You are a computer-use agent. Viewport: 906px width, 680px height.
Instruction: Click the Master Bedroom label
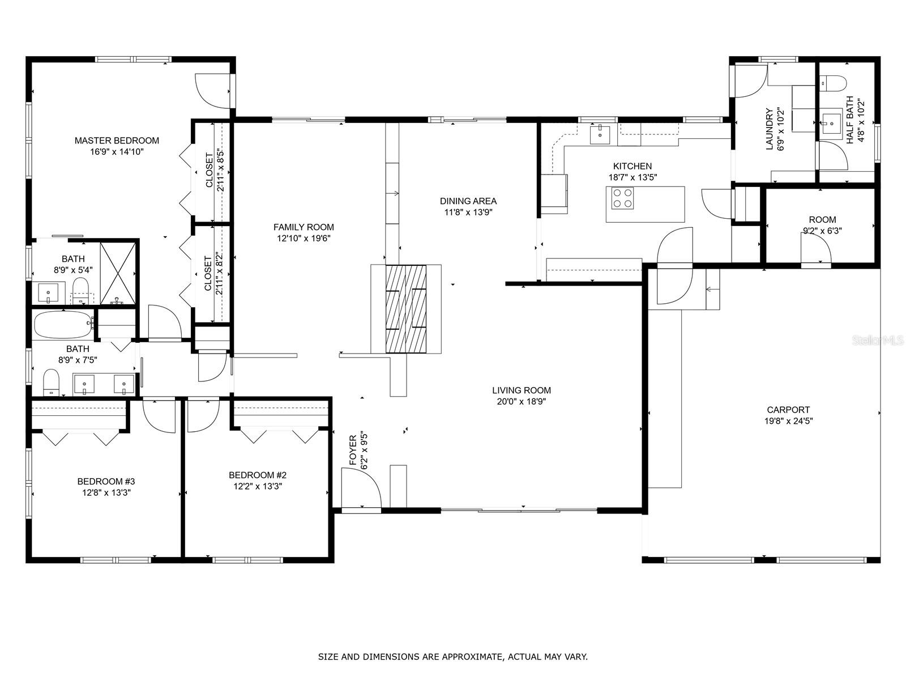pos(117,141)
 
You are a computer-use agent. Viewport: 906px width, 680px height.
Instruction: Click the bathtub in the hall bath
pos(64,325)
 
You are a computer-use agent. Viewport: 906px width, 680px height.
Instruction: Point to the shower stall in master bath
pos(118,273)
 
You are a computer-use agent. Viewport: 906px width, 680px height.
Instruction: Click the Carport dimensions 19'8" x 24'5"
pos(788,421)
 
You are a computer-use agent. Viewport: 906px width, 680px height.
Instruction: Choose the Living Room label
pos(522,390)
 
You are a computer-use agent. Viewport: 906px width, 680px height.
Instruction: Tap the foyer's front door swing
pos(361,488)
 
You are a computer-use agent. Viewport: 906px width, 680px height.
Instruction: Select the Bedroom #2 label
pos(258,475)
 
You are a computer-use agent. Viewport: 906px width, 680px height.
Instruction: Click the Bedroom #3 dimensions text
pos(106,492)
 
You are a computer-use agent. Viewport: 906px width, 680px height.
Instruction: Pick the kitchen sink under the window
pos(600,135)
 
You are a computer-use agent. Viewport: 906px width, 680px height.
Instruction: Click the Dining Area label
pos(468,201)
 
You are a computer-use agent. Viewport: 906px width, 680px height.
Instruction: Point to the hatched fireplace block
pos(406,309)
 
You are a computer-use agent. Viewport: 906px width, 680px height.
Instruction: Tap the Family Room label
pos(304,227)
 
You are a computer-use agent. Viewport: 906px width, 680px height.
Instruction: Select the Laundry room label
pos(769,129)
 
